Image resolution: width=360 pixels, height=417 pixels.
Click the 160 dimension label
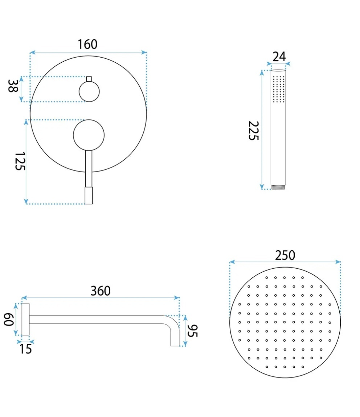point(87,44)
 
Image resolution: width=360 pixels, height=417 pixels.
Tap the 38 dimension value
point(13,86)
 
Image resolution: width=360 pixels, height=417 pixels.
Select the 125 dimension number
point(20,161)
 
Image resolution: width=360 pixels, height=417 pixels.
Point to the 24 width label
point(279,56)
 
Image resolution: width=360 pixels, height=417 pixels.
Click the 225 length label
point(253,131)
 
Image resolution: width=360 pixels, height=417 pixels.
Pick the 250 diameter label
point(285,255)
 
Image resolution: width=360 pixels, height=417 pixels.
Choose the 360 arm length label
point(101,291)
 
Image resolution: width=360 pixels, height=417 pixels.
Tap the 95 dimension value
point(192,331)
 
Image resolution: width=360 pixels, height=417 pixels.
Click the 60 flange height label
point(9,319)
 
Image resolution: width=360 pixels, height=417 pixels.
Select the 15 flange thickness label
point(25,349)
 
